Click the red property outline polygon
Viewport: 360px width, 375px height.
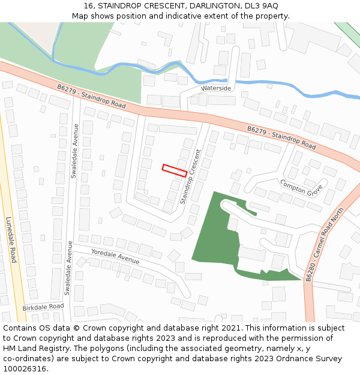click(x=174, y=170)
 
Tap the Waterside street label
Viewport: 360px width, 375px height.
click(x=216, y=88)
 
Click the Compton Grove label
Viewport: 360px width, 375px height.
click(x=301, y=188)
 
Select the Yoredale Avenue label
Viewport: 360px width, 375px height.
click(x=115, y=256)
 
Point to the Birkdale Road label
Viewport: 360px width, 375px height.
click(x=43, y=307)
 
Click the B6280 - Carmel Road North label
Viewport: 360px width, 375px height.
click(x=326, y=245)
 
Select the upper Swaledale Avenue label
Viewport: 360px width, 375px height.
click(x=75, y=151)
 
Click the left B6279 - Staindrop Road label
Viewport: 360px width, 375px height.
click(x=92, y=96)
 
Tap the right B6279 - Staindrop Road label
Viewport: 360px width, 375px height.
click(x=281, y=137)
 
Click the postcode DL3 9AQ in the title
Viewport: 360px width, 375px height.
click(x=265, y=5)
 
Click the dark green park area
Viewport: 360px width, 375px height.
click(x=210, y=234)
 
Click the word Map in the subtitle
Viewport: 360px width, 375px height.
click(x=80, y=16)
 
